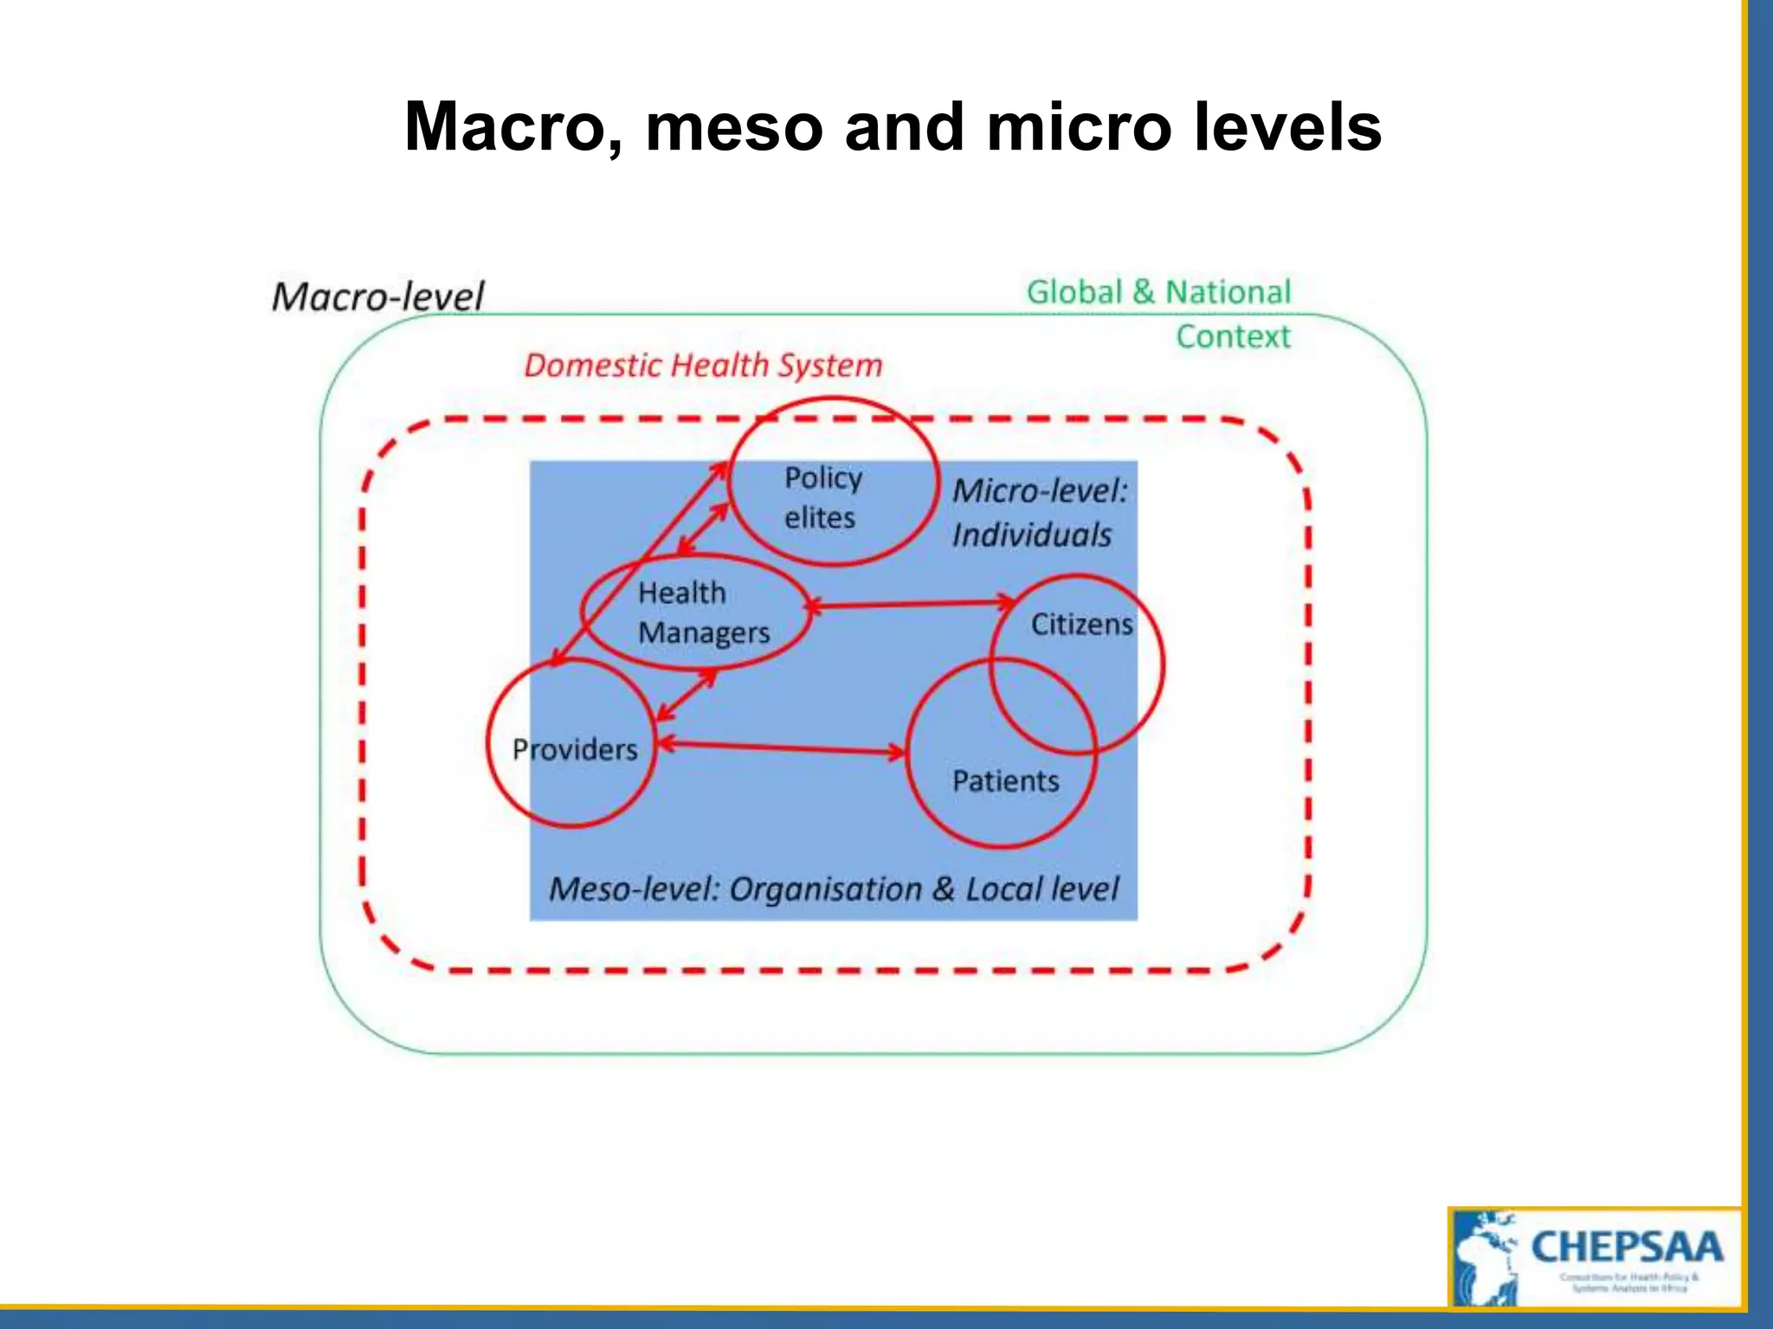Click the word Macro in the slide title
(x=511, y=128)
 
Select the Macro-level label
(x=377, y=297)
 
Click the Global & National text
(x=1158, y=292)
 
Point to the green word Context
(x=1233, y=337)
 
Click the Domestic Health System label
(x=703, y=366)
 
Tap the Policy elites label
(x=822, y=498)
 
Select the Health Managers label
(x=702, y=613)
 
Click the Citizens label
(x=1081, y=624)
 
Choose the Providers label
(x=575, y=749)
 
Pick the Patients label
(x=1005, y=781)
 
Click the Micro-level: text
(x=1040, y=491)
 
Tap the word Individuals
(x=1032, y=536)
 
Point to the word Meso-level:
(x=635, y=889)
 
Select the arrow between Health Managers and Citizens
(x=909, y=604)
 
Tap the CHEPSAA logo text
(x=1627, y=1248)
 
